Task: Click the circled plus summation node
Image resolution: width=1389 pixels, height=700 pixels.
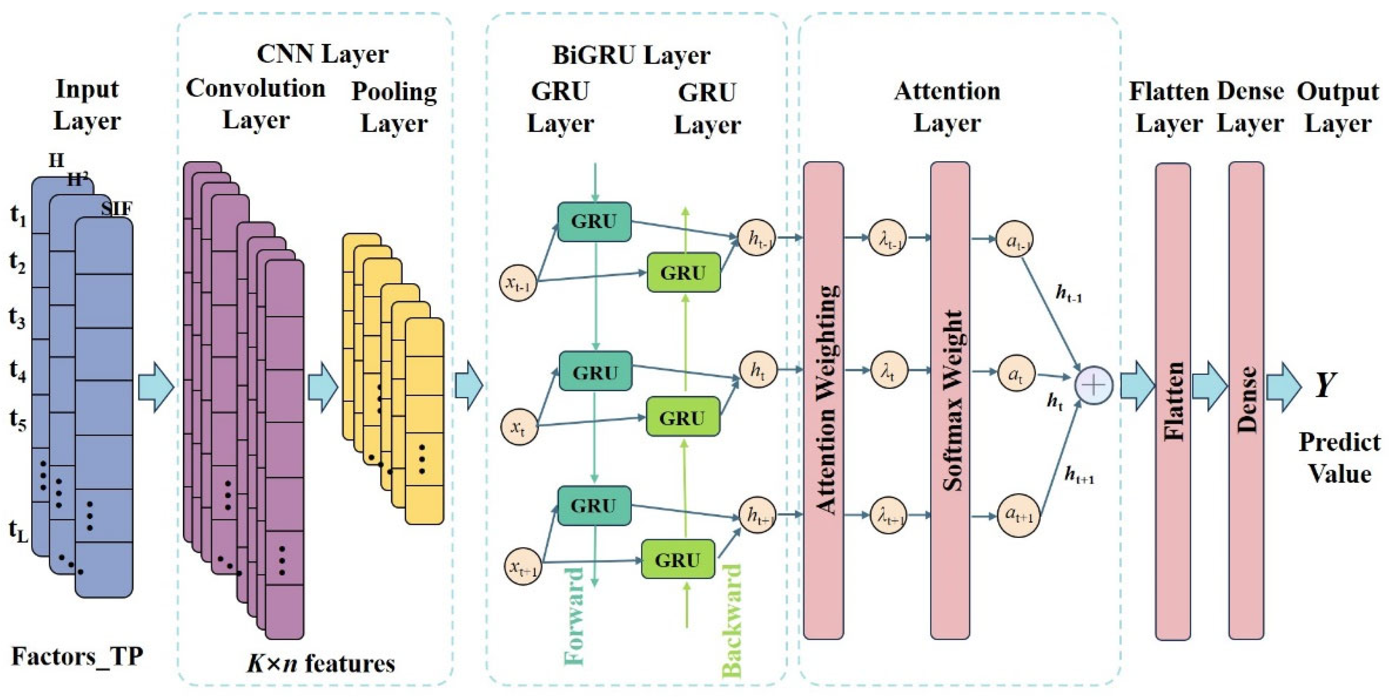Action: point(1093,385)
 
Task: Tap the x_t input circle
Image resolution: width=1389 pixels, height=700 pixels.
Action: point(519,426)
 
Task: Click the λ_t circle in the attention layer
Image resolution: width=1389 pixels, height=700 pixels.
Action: point(888,371)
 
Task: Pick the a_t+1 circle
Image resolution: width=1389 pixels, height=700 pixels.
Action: point(1018,516)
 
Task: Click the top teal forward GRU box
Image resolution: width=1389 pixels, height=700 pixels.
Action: point(594,221)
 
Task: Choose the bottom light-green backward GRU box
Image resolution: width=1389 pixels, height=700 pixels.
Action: point(678,559)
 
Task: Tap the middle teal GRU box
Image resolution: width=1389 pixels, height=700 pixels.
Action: point(595,371)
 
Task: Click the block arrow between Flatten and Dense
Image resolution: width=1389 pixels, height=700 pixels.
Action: point(1209,386)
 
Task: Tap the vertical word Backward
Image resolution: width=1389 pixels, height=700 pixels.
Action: point(732,620)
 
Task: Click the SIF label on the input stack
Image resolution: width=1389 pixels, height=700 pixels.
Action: point(116,208)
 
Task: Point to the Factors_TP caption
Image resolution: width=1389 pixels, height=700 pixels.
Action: point(77,657)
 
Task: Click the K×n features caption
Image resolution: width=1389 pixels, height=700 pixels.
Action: point(321,663)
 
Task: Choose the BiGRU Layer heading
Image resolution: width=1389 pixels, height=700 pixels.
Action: point(631,55)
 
